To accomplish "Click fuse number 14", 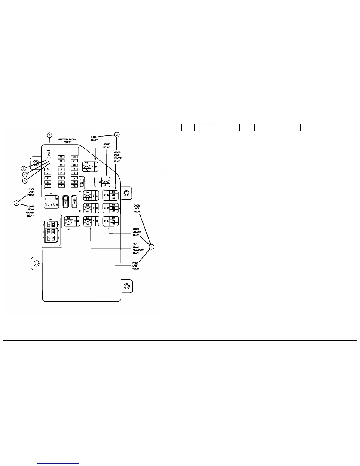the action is [61, 157].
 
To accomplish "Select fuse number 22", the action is [74, 157].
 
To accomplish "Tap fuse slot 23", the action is [81, 183].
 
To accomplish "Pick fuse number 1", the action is [47, 186].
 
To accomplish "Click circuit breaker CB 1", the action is [66, 202].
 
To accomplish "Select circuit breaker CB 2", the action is [74, 202].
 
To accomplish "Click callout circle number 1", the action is [50, 135].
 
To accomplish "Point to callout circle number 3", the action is [23, 169].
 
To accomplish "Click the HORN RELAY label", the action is [94, 138].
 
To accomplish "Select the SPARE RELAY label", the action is [106, 146].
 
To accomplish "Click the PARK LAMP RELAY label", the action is [136, 266].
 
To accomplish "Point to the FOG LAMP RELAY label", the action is [31, 192].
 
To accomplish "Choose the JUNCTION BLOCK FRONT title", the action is [67, 141].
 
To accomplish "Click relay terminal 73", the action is [87, 163].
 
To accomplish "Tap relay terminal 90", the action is [114, 192].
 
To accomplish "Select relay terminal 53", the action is [69, 218].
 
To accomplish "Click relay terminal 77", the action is [114, 224].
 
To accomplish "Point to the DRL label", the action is [51, 219].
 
